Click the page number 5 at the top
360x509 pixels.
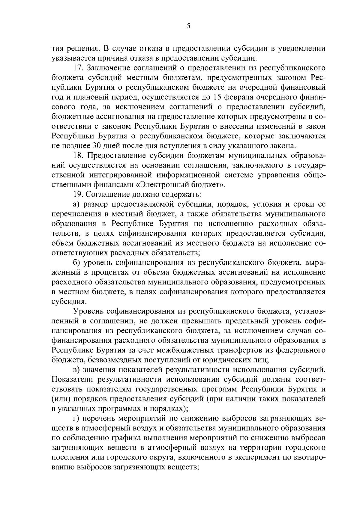pyautogui.click(x=188, y=26)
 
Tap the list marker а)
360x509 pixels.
pyautogui.click(x=76, y=205)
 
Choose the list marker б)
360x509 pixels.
pyautogui.click(x=76, y=263)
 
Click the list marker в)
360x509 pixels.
pyautogui.click(x=76, y=370)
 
